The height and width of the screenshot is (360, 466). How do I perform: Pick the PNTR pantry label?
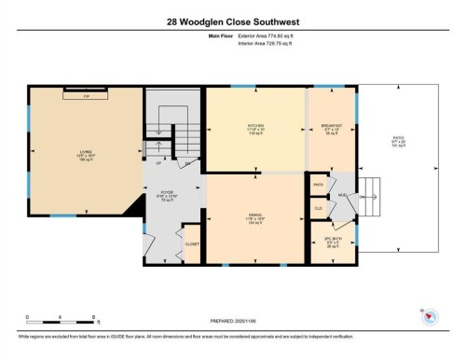coord(318,185)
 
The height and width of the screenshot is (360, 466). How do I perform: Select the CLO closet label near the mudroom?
coord(318,207)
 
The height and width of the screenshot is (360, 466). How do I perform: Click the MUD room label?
coord(342,196)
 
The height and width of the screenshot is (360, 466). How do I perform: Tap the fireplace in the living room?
coord(86,93)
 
